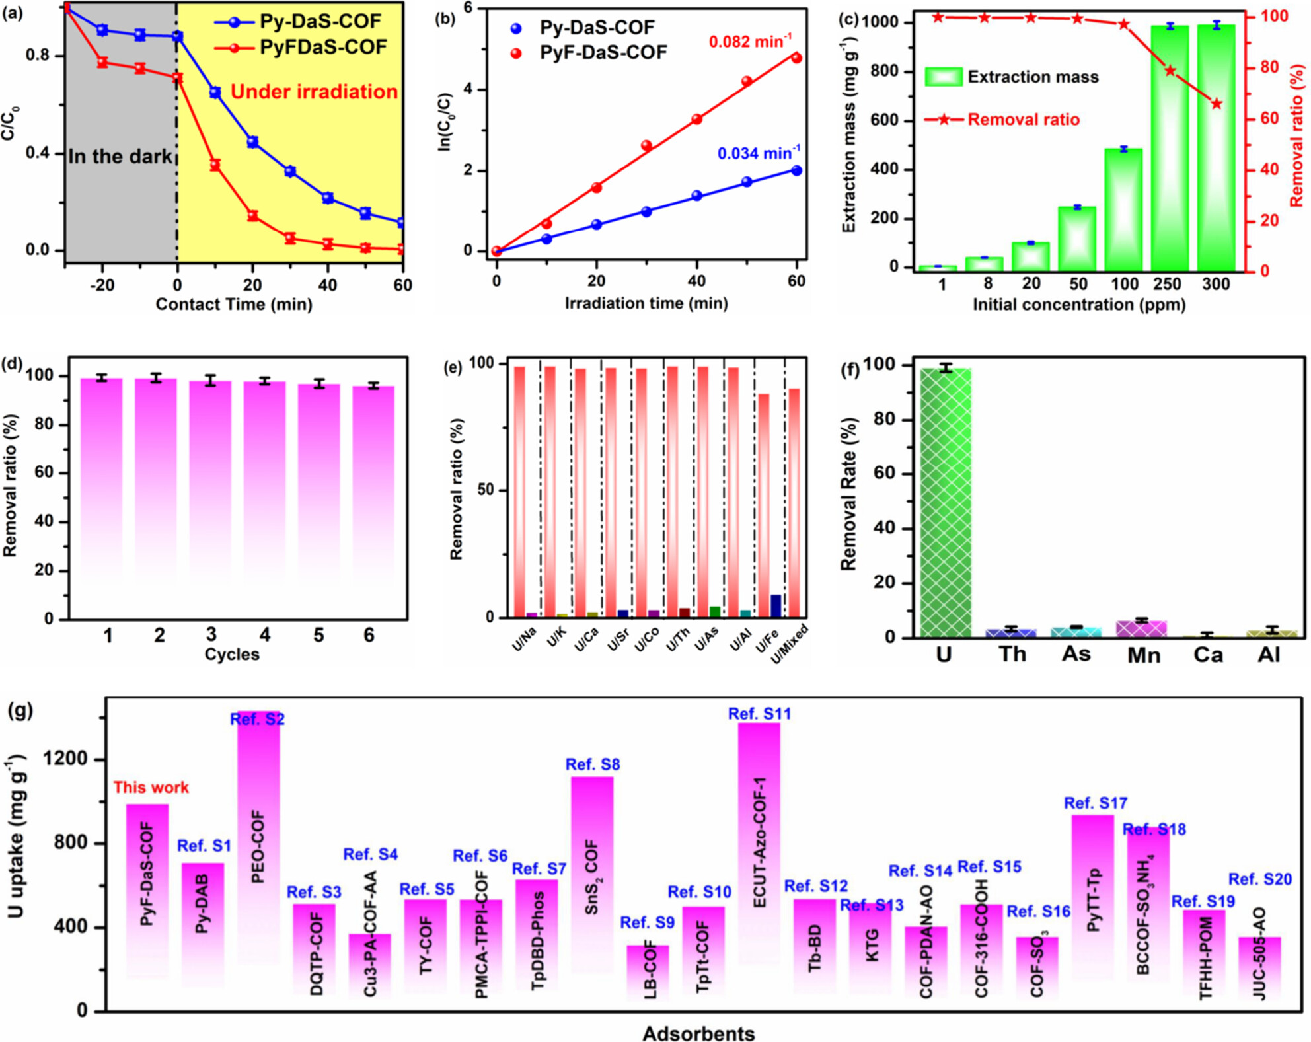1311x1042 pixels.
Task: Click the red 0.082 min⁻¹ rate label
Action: click(x=750, y=42)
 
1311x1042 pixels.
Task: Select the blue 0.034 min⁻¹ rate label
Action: click(x=759, y=153)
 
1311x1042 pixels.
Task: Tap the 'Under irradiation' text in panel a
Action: click(x=314, y=91)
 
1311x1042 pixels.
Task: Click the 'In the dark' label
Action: click(x=120, y=157)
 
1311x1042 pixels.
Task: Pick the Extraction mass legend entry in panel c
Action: click(x=1011, y=77)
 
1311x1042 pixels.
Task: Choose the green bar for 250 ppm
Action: click(x=1170, y=145)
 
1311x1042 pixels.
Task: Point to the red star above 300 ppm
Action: click(x=1217, y=104)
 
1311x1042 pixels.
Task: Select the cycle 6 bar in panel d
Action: click(x=373, y=489)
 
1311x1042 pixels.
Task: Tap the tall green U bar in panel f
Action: click(x=946, y=502)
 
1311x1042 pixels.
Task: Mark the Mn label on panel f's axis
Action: click(x=1143, y=655)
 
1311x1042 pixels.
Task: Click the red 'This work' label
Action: click(x=151, y=787)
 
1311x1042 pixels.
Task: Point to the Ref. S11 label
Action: click(x=759, y=714)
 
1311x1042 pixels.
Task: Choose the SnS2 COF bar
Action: click(x=592, y=872)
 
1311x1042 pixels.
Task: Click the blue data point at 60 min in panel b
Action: click(x=796, y=170)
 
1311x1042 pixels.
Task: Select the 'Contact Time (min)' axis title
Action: click(x=234, y=304)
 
